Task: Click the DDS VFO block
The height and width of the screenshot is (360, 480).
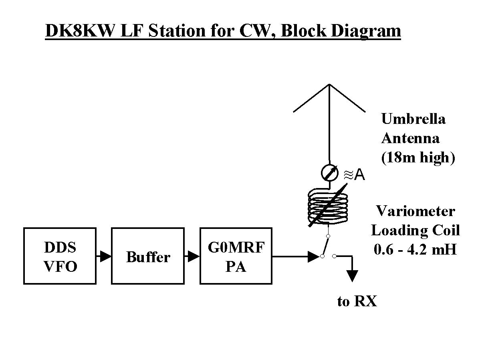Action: [60, 256]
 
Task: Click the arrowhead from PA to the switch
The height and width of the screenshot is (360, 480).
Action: [313, 256]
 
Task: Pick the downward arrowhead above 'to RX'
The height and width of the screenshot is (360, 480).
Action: [352, 276]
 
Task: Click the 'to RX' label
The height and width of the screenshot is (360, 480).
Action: [357, 301]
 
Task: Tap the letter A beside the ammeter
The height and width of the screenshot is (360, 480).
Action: [360, 175]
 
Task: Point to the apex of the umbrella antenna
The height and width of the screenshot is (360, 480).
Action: [329, 85]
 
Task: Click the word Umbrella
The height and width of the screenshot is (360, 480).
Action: [413, 119]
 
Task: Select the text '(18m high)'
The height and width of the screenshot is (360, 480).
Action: [418, 158]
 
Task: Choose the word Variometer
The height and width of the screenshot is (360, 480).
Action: [415, 211]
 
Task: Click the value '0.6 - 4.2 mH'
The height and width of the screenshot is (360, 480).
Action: [415, 249]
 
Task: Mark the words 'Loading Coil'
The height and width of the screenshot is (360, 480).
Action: [415, 230]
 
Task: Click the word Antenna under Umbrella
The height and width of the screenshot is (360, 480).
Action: [410, 138]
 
